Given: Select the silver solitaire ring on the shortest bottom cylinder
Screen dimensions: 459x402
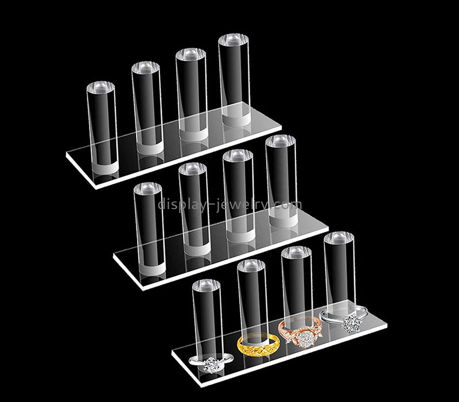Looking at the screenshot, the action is coord(211,363).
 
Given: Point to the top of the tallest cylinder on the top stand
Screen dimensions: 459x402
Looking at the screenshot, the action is coord(234,40).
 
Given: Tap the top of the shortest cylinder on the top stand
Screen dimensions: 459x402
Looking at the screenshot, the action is coord(100,87).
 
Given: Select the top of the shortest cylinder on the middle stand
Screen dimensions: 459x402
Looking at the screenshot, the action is coord(147,188).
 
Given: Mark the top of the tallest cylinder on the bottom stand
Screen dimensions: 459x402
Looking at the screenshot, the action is coord(339,238).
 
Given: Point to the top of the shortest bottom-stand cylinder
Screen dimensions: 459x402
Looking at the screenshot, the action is coord(206,285).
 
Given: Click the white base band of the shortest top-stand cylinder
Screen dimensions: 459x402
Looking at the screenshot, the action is coord(104,168).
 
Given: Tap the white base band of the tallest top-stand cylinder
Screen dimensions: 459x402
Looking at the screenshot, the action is coord(236,119).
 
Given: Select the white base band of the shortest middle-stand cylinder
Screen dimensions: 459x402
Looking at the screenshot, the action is coord(152,269).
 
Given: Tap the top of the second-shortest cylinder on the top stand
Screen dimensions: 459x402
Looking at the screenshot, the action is coord(146,68).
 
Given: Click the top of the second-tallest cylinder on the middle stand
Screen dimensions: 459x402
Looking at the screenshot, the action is coord(238,156).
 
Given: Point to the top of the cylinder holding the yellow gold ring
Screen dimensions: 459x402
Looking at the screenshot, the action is coord(251,266).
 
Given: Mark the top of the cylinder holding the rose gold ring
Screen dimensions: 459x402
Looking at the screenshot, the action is coord(296,253).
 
